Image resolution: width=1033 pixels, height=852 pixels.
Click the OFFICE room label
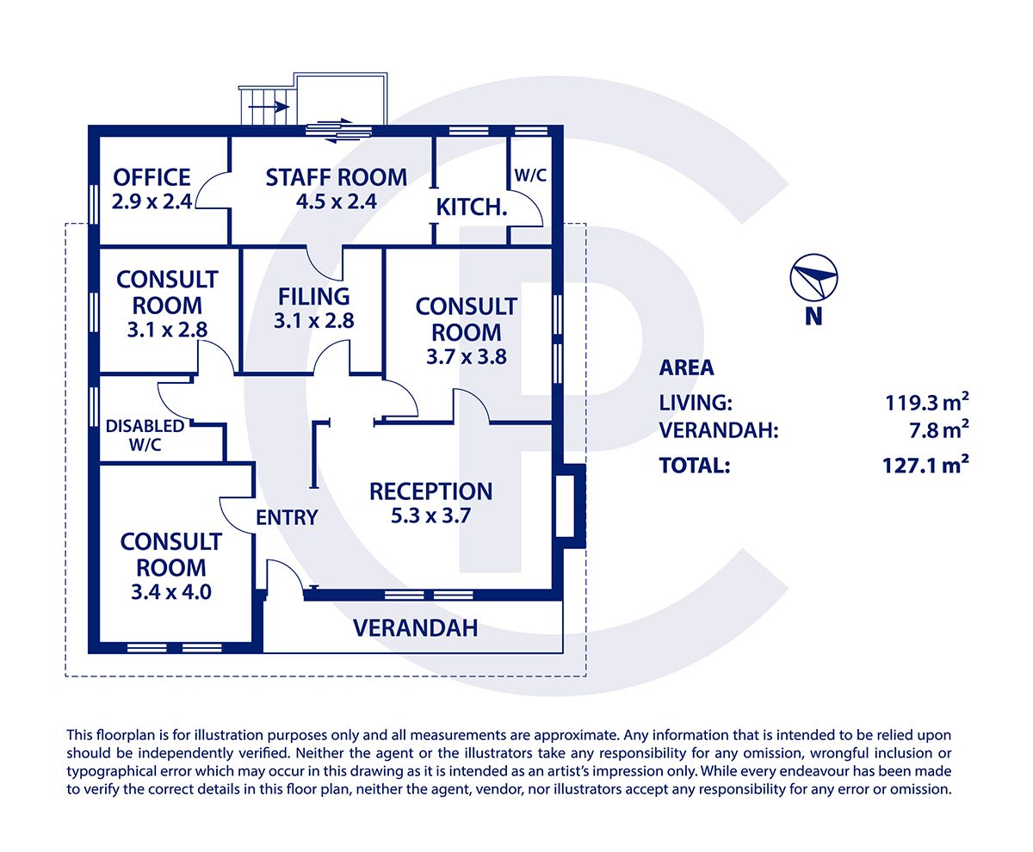[x=152, y=178]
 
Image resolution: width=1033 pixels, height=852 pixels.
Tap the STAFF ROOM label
[x=336, y=178]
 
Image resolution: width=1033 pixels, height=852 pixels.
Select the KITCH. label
[x=469, y=207]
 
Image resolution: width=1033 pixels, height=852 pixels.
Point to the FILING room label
[x=313, y=296]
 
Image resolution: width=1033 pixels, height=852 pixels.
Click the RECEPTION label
[x=430, y=491]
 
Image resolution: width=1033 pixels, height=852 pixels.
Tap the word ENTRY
[x=287, y=517]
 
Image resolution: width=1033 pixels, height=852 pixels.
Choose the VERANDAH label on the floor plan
[x=415, y=628]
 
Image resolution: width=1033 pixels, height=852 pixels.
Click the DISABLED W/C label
[x=145, y=435]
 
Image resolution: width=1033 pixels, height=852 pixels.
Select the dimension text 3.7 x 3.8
[x=466, y=356]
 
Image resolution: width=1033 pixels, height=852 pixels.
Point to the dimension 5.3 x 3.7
[x=430, y=516]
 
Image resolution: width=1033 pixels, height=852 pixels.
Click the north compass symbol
[x=813, y=278]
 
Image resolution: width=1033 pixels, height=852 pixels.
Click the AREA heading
[x=686, y=367]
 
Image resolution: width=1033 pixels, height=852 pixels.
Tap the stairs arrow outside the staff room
[x=269, y=107]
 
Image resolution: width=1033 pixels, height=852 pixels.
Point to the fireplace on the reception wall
[x=570, y=505]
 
